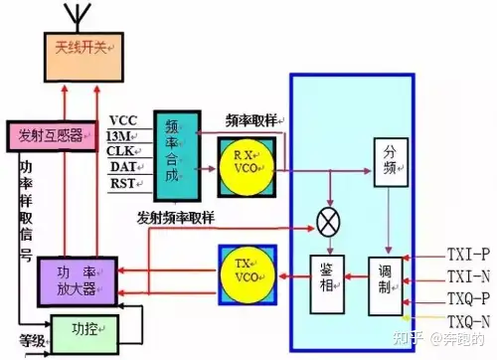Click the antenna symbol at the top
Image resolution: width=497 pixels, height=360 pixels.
point(78,17)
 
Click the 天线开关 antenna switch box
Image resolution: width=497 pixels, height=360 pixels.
point(83,57)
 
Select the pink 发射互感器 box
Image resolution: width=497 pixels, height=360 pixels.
point(53,136)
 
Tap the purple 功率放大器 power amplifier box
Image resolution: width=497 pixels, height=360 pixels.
point(78,281)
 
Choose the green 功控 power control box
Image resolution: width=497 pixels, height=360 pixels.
point(84,334)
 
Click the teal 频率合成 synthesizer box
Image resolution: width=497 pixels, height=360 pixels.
point(177,156)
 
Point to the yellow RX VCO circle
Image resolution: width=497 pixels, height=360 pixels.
point(247,167)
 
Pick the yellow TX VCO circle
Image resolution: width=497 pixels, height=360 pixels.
point(248,275)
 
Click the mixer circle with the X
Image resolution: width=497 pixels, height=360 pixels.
point(328,222)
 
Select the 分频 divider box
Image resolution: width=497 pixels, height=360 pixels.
point(391,162)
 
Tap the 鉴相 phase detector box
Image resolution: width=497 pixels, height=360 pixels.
point(327,284)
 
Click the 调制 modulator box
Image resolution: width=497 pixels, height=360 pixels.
point(386,286)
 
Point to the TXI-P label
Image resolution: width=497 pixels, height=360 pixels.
point(468,255)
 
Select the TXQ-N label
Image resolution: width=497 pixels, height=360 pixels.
point(468,321)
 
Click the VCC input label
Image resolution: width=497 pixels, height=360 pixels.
point(123,120)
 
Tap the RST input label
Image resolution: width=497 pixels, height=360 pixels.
point(123,183)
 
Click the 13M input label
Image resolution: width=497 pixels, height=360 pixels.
point(118,136)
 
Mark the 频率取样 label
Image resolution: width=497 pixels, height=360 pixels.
point(251,120)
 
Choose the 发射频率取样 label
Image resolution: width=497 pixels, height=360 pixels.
point(176,218)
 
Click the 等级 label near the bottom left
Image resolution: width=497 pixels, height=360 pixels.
point(32,341)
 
